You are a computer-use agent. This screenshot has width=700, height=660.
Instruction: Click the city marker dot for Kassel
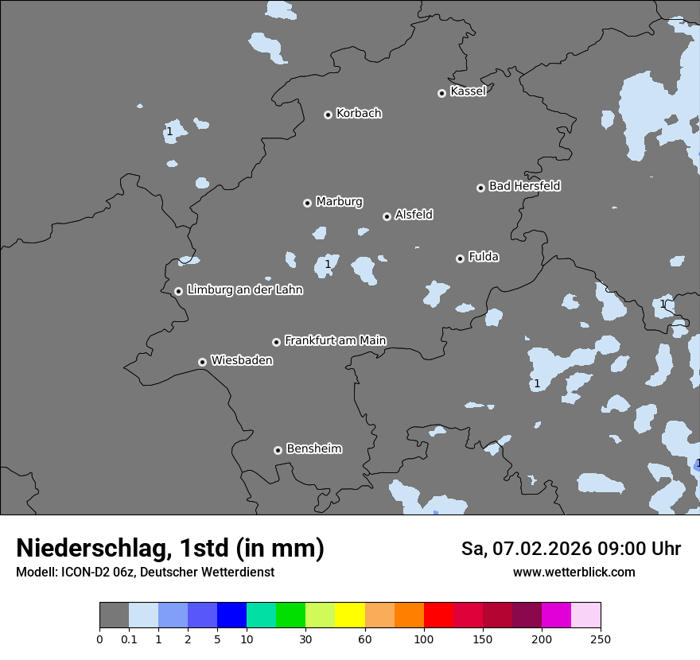tap(442, 93)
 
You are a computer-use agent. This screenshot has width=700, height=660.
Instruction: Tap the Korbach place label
tap(359, 114)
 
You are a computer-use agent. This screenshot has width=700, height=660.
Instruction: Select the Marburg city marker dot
tap(308, 203)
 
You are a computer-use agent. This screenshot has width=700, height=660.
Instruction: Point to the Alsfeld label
tap(414, 215)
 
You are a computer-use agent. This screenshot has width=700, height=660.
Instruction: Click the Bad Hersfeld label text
tap(524, 186)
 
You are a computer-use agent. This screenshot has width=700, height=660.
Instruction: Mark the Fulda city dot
tap(461, 258)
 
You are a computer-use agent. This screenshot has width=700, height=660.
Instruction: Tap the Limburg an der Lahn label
tap(244, 290)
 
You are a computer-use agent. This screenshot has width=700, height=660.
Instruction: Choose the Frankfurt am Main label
tap(335, 340)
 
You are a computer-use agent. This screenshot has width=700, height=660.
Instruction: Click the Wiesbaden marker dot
tap(203, 362)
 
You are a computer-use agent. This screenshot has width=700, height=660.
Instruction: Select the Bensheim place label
tap(313, 448)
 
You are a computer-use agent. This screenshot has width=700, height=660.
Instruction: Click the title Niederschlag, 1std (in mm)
tap(170, 549)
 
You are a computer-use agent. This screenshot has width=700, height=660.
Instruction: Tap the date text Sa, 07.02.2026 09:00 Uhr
tap(570, 549)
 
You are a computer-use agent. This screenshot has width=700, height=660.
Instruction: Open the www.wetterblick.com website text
tap(574, 573)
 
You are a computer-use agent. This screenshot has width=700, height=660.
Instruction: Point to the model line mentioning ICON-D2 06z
tap(145, 573)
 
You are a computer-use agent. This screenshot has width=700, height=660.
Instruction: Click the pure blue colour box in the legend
tap(231, 615)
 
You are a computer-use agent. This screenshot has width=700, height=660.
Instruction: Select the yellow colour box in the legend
tap(350, 615)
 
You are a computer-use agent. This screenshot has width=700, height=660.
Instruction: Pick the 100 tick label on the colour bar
tap(424, 639)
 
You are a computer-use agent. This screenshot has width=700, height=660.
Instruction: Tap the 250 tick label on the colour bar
tap(601, 639)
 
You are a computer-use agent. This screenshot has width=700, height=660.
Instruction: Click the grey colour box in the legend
tap(114, 615)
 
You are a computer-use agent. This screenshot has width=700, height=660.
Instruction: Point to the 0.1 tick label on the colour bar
tap(129, 639)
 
